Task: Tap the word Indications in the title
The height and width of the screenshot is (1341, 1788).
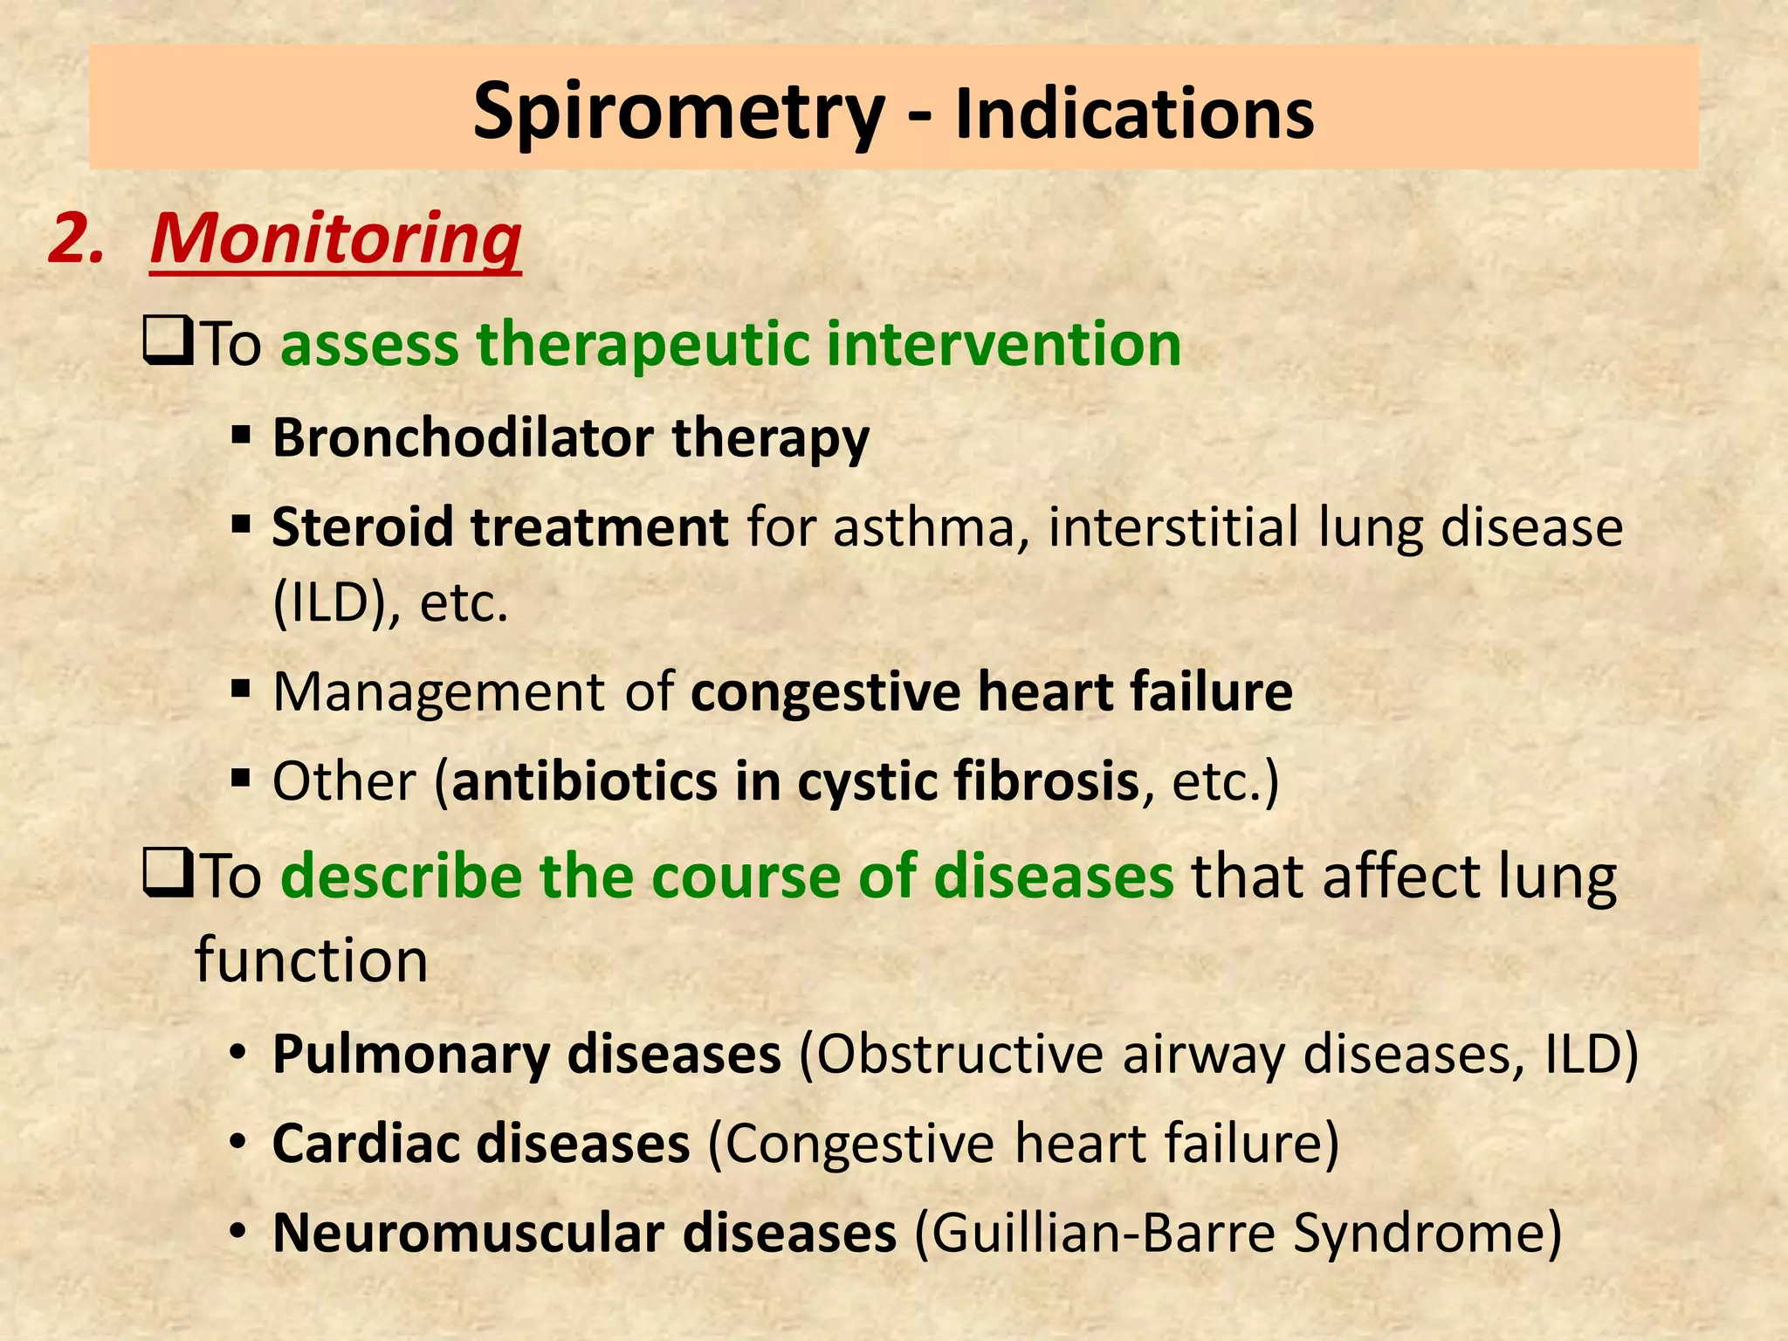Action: click(1134, 115)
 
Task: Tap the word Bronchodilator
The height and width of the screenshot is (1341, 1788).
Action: click(463, 437)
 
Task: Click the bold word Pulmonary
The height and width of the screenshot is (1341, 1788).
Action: click(410, 1055)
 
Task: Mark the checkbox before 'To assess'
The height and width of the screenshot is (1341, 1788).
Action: click(167, 344)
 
